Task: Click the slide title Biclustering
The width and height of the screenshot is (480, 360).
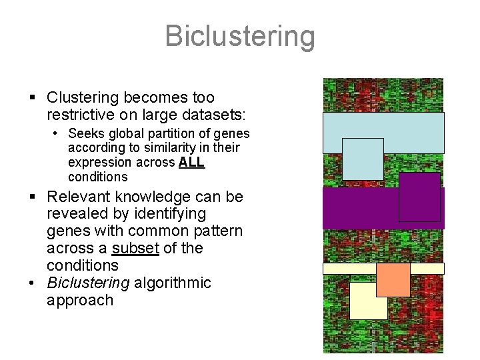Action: (239, 36)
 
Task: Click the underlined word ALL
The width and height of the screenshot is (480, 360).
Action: (191, 162)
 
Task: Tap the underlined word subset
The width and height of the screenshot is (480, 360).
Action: (135, 248)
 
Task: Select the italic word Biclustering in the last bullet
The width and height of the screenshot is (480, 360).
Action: (88, 283)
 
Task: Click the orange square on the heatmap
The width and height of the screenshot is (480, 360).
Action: (393, 279)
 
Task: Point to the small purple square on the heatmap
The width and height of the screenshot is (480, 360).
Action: (419, 197)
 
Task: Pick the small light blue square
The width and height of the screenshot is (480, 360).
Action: (363, 159)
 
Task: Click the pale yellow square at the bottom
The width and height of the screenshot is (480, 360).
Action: (368, 301)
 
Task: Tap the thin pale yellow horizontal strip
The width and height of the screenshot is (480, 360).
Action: (347, 269)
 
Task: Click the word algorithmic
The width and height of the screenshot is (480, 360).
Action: (172, 283)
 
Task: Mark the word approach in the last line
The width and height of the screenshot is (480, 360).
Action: (80, 300)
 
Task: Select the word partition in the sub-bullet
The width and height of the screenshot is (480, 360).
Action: (172, 133)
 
